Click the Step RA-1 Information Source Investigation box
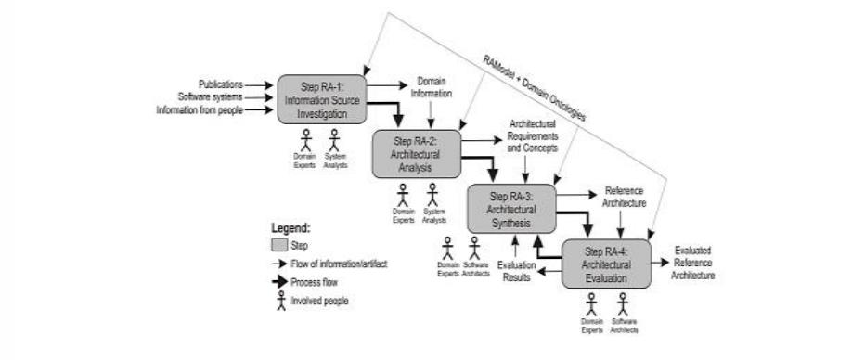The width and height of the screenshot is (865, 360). [x=323, y=100]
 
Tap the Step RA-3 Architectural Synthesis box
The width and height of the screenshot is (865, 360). [x=510, y=209]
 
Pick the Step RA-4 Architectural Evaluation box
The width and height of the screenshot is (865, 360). [x=605, y=264]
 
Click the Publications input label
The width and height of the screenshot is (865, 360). [x=220, y=84]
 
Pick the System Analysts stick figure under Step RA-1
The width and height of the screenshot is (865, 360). [x=337, y=139]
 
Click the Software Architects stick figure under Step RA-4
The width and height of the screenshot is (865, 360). [x=623, y=303]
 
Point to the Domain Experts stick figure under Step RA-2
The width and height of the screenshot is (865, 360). [x=403, y=194]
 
